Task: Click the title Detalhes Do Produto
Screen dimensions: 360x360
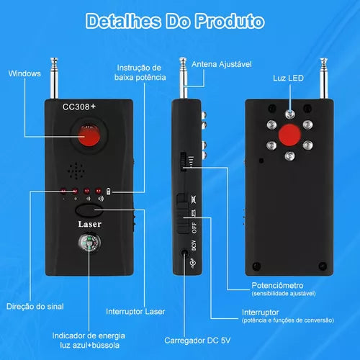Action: tap(175, 21)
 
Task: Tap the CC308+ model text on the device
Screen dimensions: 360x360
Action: tap(79, 107)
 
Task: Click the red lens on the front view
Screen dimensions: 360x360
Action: tap(89, 136)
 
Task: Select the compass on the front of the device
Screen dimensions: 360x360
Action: tap(89, 243)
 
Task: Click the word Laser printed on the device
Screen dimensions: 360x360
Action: tap(90, 224)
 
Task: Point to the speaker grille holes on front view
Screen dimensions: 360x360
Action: tap(76, 171)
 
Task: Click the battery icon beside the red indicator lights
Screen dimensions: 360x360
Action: tap(109, 192)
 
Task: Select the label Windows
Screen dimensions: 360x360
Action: tap(24, 73)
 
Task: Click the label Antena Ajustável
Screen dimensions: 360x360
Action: tap(222, 64)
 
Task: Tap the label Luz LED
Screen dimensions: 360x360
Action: tap(288, 78)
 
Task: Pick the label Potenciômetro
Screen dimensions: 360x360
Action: tap(277, 285)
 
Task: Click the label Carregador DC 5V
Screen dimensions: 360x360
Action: tap(197, 341)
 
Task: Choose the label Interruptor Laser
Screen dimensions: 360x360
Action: tap(135, 312)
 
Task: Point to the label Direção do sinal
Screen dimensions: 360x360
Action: tap(35, 307)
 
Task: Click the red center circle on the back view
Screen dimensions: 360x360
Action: tap(289, 135)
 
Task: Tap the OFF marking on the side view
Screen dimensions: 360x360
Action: tap(194, 228)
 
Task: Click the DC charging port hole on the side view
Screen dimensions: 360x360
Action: tap(184, 253)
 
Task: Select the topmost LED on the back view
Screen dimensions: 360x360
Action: tap(290, 114)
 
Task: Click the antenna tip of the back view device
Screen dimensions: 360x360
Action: tap(324, 60)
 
